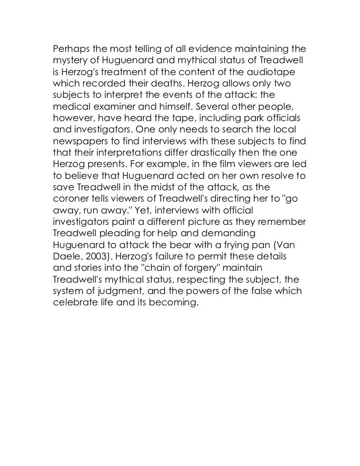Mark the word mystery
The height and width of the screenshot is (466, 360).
tap(70, 60)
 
